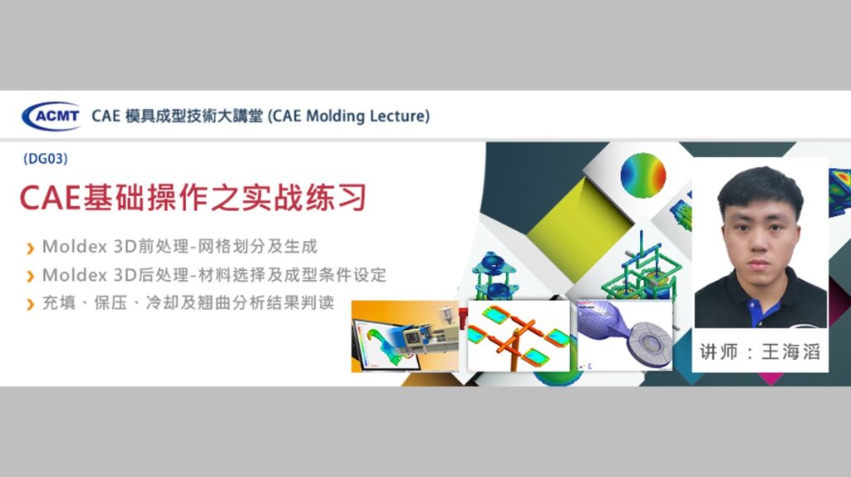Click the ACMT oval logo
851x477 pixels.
click(52, 116)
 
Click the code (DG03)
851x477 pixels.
click(46, 159)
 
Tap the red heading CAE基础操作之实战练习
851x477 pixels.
click(193, 198)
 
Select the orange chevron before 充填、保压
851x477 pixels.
click(31, 304)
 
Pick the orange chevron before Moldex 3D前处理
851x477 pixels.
click(31, 248)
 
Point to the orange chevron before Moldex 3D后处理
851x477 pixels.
click(31, 276)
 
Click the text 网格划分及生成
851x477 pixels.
click(258, 246)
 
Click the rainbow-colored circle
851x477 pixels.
click(642, 175)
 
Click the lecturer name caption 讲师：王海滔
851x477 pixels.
click(760, 352)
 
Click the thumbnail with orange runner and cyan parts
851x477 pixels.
click(519, 336)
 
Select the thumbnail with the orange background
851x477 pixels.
click(405, 336)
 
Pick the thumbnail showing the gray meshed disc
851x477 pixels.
click(625, 335)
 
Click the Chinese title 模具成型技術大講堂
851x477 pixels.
click(194, 116)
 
